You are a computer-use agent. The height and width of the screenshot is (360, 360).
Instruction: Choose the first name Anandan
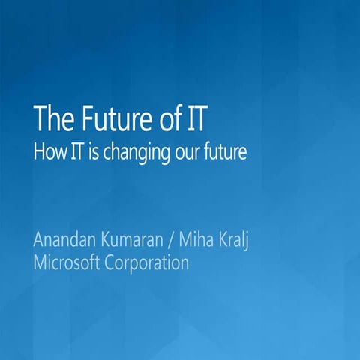(66, 241)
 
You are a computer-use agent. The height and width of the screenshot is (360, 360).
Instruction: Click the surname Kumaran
(137, 241)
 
